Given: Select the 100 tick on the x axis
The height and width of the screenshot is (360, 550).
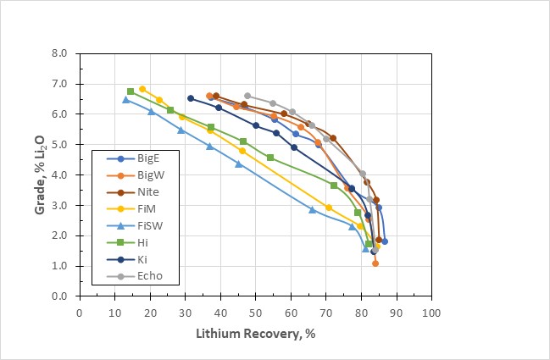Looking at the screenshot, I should pos(431,311).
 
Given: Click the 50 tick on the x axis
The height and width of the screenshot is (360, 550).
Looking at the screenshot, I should pos(255,311).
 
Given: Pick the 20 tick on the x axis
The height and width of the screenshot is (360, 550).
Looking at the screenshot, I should pos(150,311).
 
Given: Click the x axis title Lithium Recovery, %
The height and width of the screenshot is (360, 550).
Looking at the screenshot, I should pos(255,333).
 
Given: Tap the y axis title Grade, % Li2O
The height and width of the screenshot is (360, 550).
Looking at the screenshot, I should pos(40,174).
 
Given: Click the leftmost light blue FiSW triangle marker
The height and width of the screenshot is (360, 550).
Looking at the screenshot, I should pos(125,100).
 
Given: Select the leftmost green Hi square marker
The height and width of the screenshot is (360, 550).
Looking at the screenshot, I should pos(131,91).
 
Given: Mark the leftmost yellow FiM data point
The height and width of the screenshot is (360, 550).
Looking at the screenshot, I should pos(142,89).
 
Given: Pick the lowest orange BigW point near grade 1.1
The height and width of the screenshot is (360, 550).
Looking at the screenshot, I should pos(375,263).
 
